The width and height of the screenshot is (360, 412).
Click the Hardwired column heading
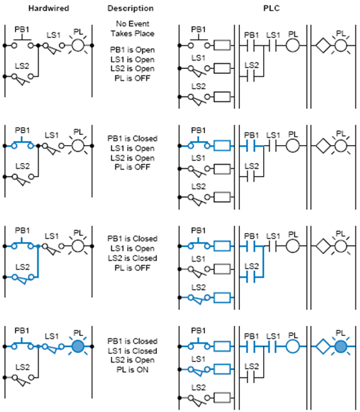(x=49, y=8)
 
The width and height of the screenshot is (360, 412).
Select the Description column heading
(x=131, y=8)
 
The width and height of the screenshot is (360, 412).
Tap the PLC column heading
(x=271, y=8)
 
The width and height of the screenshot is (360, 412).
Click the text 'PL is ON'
(x=132, y=370)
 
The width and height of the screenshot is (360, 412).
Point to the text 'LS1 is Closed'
(x=132, y=351)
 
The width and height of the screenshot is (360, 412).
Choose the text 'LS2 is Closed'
(x=132, y=258)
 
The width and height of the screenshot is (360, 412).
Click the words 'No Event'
(x=132, y=24)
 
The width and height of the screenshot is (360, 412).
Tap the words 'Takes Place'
(x=132, y=33)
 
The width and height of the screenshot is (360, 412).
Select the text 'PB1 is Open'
(x=132, y=50)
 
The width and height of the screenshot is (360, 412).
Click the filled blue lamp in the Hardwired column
(x=78, y=347)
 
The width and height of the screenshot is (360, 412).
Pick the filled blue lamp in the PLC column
(x=341, y=347)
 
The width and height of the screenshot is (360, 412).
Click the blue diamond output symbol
(x=323, y=347)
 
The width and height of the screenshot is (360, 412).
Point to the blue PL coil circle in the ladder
(x=292, y=347)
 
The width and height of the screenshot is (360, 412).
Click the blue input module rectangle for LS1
(x=222, y=369)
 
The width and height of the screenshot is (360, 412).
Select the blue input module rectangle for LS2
(x=222, y=298)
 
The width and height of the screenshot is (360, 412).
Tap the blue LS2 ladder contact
(x=251, y=277)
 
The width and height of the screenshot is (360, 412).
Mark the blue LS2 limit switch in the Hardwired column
(x=23, y=278)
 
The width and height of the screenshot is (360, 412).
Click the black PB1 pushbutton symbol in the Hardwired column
(x=23, y=43)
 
